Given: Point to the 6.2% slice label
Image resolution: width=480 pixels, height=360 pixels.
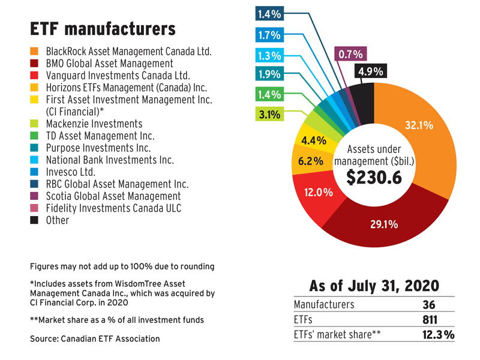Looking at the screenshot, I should tap(311, 161).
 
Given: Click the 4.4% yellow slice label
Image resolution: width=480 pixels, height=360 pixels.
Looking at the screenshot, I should tap(313, 141).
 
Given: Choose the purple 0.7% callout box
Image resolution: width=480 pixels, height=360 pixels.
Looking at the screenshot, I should tap(351, 55).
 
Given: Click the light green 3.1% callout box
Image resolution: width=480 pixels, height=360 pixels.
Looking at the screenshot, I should tap(270, 114).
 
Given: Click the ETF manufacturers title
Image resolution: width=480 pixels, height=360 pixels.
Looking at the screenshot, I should tap(103, 29).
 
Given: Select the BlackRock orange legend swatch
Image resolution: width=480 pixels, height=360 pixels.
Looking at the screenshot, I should tap(35, 52).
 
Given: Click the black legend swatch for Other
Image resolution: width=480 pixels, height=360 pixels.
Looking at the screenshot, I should tap(35, 220).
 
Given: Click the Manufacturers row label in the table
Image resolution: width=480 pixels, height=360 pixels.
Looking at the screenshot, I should tap(325, 304).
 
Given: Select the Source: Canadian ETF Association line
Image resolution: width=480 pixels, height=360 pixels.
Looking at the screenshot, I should tap(95, 339).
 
